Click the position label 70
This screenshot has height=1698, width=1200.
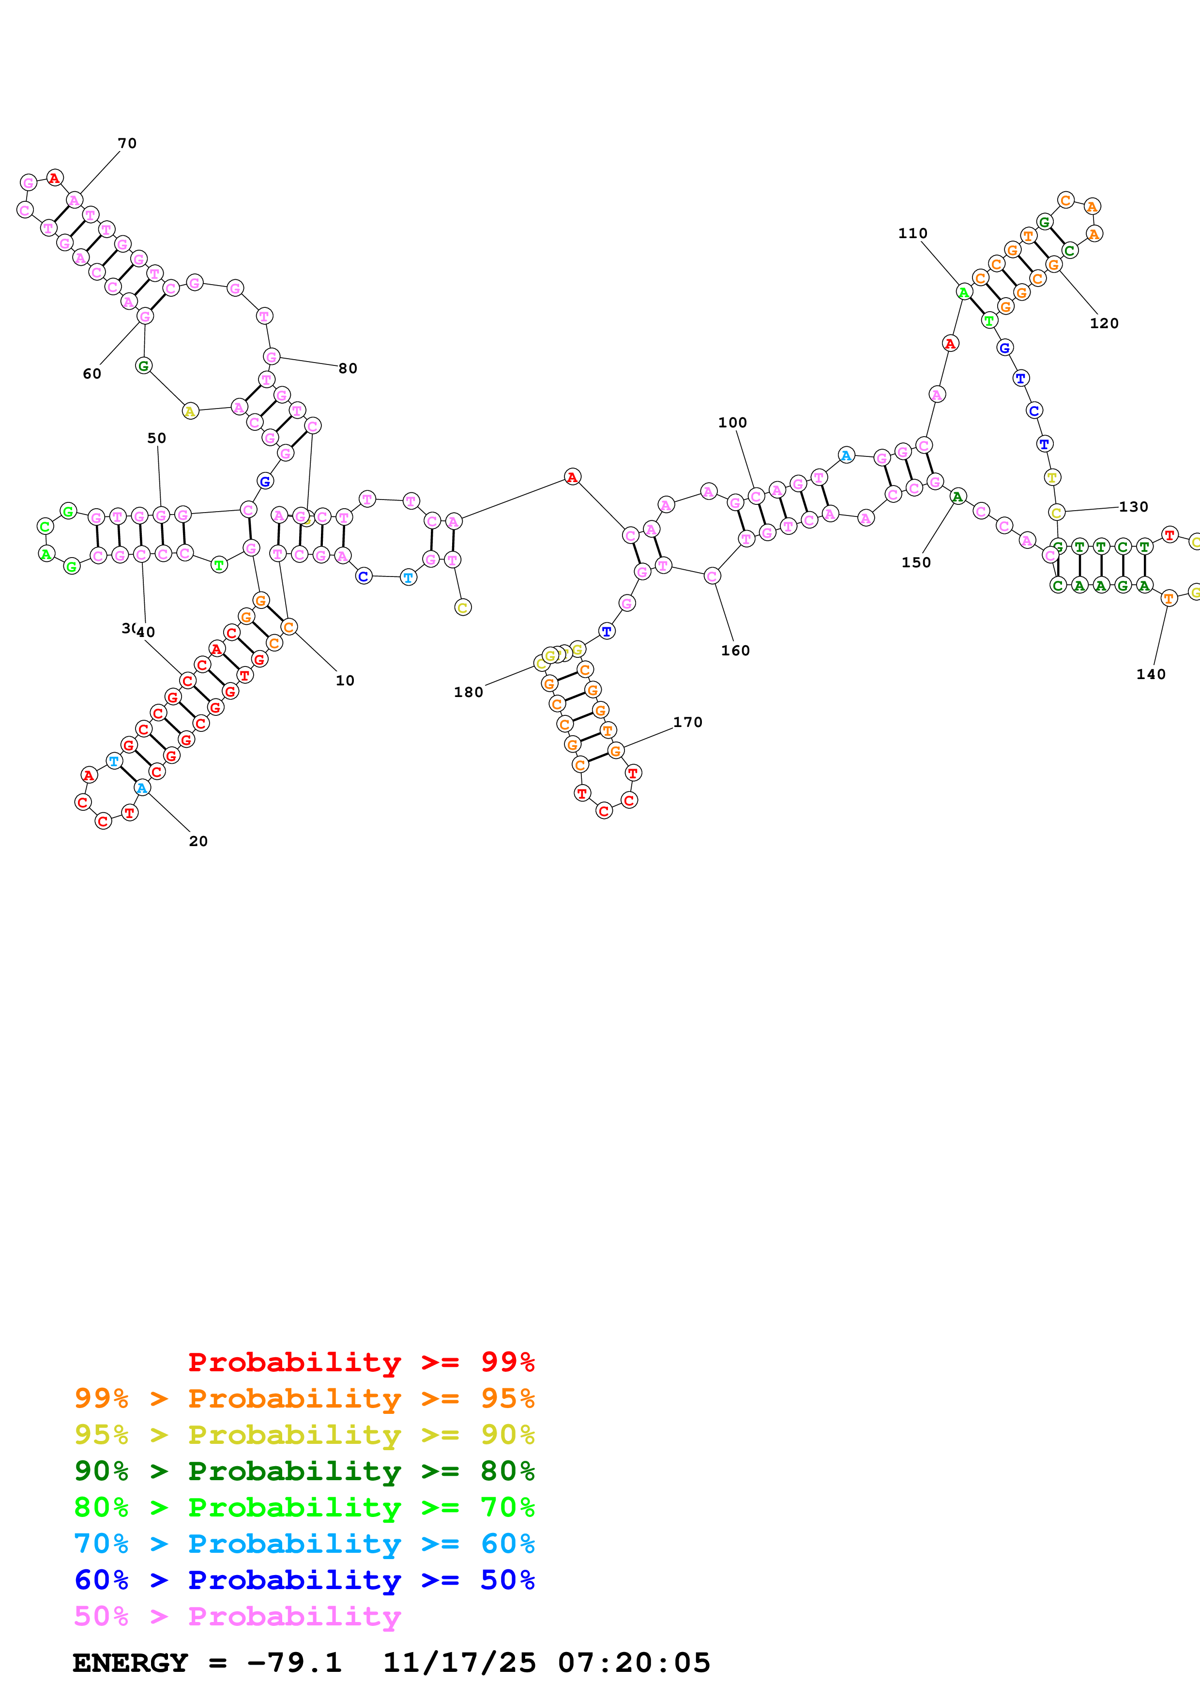pyautogui.click(x=127, y=143)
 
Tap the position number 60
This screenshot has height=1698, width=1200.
pyautogui.click(x=91, y=374)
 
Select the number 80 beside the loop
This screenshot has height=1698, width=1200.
pyautogui.click(x=348, y=368)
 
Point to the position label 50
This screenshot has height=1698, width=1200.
pyautogui.click(x=157, y=438)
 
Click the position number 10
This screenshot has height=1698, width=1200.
pyautogui.click(x=345, y=681)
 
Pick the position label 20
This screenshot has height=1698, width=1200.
pyautogui.click(x=198, y=841)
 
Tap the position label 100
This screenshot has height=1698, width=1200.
pyautogui.click(x=732, y=422)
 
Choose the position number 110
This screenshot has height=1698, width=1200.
pyautogui.click(x=912, y=233)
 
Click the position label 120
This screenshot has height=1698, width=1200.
pyautogui.click(x=1104, y=323)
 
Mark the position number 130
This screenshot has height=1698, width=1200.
pyautogui.click(x=1133, y=507)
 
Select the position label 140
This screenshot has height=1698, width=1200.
pyautogui.click(x=1151, y=674)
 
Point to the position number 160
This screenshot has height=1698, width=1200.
pyautogui.click(x=735, y=650)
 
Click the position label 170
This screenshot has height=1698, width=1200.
pyautogui.click(x=687, y=722)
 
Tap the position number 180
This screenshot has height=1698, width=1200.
pyautogui.click(x=468, y=692)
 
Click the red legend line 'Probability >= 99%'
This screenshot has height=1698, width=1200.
pyautogui.click(x=361, y=1362)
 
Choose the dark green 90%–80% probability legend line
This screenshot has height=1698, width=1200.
pyautogui.click(x=304, y=1471)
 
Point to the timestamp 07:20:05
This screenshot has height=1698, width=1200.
pyautogui.click(x=634, y=1663)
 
